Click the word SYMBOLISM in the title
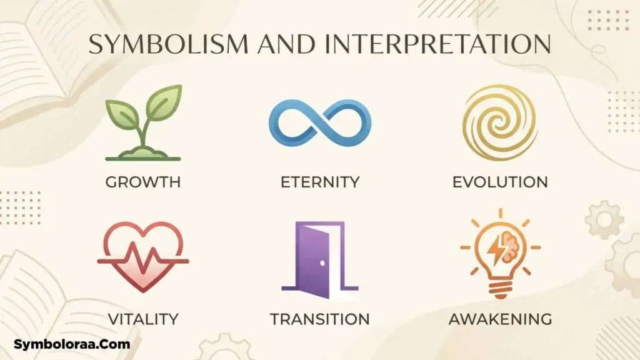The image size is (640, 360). pos(169,44)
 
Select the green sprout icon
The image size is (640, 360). pos(143,122)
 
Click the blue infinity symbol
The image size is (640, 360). pos(320,123)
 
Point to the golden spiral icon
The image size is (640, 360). pos(500,122)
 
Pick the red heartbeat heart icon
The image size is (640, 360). pos(143,257)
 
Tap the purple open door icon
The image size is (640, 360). pos(319,260)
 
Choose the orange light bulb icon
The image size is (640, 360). pos(501,254)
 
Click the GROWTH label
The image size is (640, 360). pos(143,182)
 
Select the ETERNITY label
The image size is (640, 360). pos(320,182)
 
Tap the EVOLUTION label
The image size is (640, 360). pos(500,182)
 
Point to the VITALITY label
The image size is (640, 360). pos(143,319)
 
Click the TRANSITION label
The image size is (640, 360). pos(319,319)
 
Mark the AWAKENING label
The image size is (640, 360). pos(501,319)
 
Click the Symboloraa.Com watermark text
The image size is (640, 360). pos(72,344)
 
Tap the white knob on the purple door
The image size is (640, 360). pos(322,263)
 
